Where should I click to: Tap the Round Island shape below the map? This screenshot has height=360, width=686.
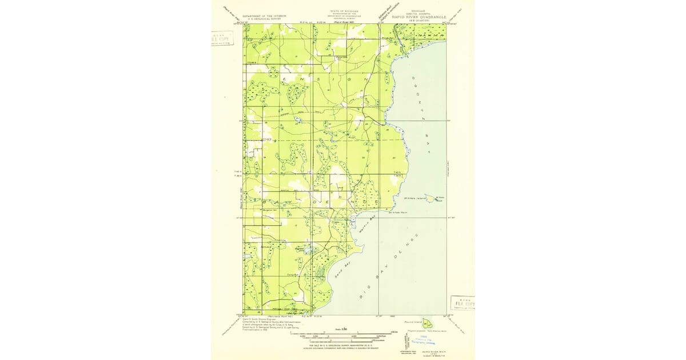coord(426,325)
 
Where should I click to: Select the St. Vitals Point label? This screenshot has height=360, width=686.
coord(399,213)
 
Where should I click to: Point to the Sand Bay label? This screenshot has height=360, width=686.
coord(342,270)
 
